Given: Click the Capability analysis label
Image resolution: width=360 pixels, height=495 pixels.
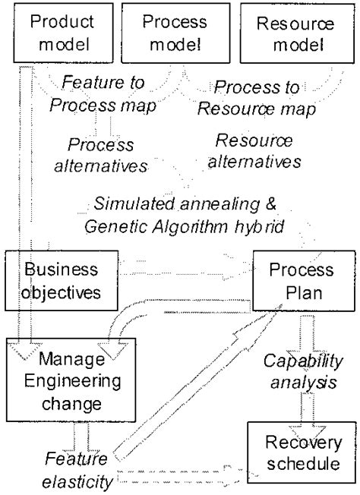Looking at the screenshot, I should click(297, 371).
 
